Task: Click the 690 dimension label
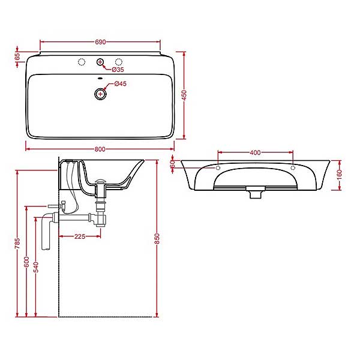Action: click(100, 42)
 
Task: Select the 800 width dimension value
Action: click(100, 149)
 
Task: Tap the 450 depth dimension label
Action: click(184, 95)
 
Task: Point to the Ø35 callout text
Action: click(118, 70)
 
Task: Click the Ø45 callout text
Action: click(121, 84)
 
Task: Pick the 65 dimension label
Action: click(17, 56)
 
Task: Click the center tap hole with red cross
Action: click(100, 62)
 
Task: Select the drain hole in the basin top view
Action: click(100, 94)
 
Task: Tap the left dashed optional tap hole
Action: click(82, 62)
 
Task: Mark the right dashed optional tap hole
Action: click(118, 62)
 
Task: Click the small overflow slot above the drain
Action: click(100, 78)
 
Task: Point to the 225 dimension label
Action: click(80, 236)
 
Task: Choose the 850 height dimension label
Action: click(157, 239)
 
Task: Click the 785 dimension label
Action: click(17, 243)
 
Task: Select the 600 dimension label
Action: click(26, 262)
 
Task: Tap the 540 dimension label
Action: click(36, 267)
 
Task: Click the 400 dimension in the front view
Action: click(255, 152)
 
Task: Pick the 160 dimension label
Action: click(340, 175)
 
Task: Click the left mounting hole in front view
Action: click(218, 168)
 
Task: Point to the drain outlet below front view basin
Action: click(256, 193)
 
